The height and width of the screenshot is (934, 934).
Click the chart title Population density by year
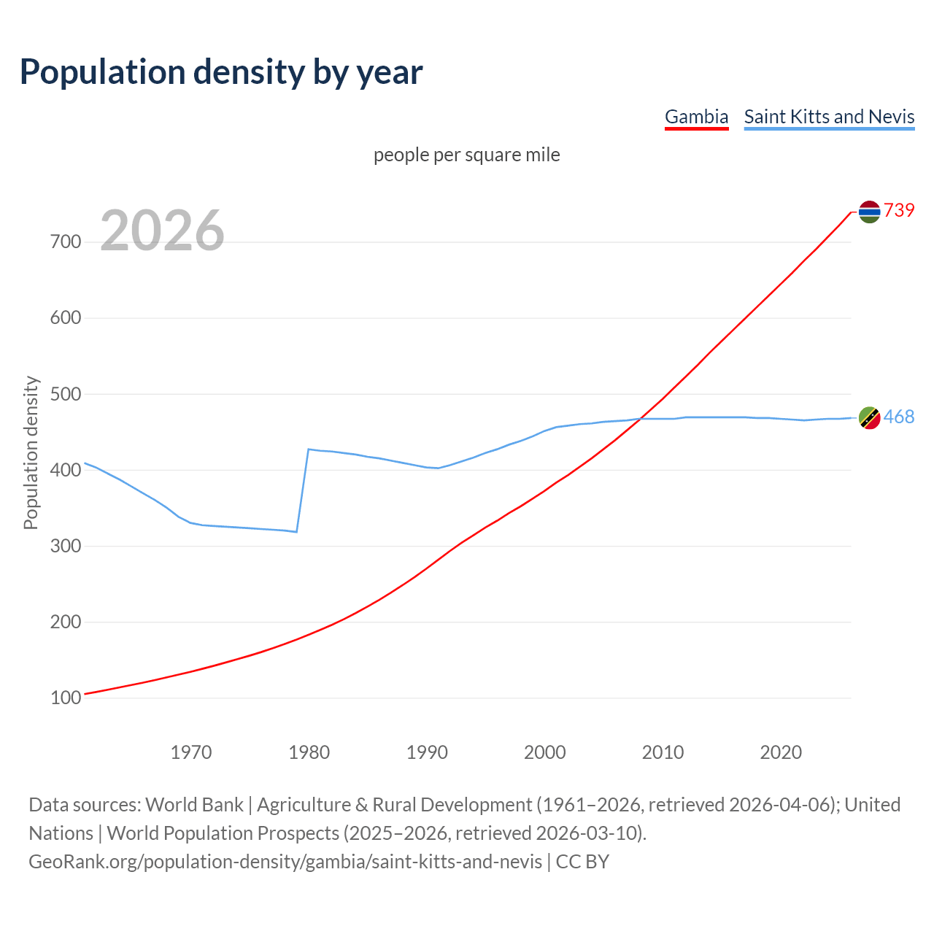[x=221, y=72]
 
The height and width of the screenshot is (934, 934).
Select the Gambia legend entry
[x=696, y=117]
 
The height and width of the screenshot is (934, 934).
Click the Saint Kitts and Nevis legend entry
[x=829, y=117]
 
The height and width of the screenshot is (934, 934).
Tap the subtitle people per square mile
[x=467, y=155]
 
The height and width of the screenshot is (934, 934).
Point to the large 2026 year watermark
[x=162, y=231]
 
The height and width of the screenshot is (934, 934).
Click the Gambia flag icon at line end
[x=869, y=212]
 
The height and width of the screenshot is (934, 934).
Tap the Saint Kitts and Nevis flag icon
[x=869, y=417]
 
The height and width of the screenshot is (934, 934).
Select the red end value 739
[x=899, y=210]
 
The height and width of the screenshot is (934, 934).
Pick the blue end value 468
[x=899, y=417]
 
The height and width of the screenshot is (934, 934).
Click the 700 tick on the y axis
[x=66, y=242]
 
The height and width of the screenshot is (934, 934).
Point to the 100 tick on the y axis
[x=66, y=698]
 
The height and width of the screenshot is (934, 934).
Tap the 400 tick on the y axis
[x=66, y=470]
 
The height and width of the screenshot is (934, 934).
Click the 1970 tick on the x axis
[x=191, y=752]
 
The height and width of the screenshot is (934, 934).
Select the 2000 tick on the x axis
[x=545, y=752]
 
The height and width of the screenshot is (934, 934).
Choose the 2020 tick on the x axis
[x=781, y=752]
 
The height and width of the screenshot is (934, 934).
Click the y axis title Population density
[x=31, y=452]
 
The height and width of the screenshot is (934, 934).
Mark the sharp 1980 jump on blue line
[x=303, y=490]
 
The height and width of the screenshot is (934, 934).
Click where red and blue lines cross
[x=640, y=419]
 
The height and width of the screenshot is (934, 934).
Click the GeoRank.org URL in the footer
[x=285, y=861]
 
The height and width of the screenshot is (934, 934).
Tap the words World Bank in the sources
[x=194, y=804]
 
